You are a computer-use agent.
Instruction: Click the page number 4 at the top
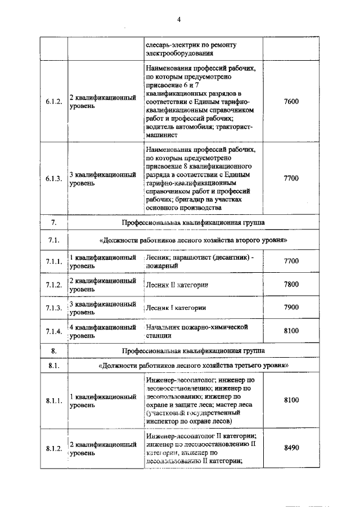179,19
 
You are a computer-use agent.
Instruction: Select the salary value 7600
291,102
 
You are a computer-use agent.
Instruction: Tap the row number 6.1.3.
53,178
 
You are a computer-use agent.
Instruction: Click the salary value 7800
291,285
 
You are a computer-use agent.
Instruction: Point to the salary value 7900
291,308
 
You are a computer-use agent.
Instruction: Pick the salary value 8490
291,448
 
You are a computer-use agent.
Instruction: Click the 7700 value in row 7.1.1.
291,261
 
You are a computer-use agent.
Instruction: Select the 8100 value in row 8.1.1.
291,400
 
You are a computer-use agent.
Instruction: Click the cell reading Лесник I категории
175,308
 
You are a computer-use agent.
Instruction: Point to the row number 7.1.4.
53,331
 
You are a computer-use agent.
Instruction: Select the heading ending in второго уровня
193,241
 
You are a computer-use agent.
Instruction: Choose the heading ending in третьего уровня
193,366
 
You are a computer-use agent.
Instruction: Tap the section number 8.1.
53,366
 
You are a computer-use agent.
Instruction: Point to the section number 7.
53,223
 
